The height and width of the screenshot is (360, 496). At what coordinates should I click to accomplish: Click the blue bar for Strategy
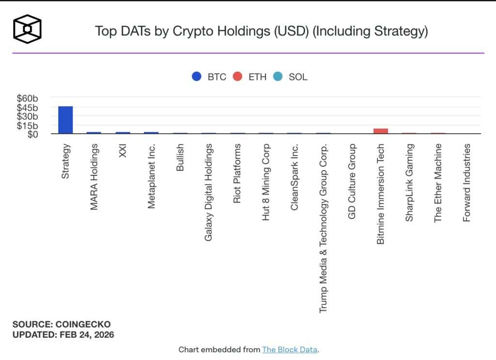click(65, 120)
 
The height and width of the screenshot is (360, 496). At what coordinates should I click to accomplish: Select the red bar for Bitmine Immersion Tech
click(381, 131)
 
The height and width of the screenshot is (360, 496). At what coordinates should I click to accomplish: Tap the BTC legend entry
click(209, 77)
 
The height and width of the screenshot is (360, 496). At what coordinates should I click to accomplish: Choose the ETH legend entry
click(250, 77)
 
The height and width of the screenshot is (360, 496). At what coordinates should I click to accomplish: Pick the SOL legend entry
click(291, 77)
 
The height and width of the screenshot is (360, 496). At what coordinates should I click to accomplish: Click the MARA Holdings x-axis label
click(94, 176)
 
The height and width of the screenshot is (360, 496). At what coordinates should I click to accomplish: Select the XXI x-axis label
click(123, 152)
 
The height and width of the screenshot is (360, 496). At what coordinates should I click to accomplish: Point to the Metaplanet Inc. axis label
click(151, 176)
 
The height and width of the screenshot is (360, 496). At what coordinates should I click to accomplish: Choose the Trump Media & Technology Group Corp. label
click(323, 228)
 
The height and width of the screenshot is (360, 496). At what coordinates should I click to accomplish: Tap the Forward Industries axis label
click(466, 183)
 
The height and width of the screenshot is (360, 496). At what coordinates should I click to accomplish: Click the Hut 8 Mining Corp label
click(266, 182)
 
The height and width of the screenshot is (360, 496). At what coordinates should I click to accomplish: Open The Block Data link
click(290, 349)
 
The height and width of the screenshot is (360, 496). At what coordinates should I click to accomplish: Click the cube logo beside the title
click(27, 29)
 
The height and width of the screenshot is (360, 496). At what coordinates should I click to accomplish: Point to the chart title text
click(262, 31)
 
